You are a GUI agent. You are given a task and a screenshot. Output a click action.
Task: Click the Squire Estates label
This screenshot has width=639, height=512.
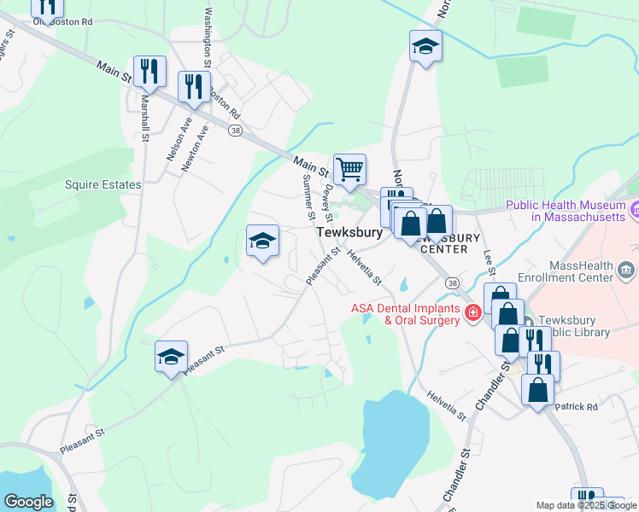[103, 183]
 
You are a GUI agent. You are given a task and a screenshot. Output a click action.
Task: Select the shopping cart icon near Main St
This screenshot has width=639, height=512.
[349, 170]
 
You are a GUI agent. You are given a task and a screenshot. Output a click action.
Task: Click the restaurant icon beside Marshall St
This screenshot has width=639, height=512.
[149, 72]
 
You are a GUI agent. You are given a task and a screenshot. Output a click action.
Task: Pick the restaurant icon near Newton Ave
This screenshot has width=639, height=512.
[193, 86]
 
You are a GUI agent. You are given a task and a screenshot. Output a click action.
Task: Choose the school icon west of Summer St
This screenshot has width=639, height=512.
[262, 240]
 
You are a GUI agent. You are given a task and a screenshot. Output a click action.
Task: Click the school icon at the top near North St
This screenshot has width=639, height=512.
[425, 46]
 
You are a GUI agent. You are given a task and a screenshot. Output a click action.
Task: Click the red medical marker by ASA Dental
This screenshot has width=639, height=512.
[472, 314]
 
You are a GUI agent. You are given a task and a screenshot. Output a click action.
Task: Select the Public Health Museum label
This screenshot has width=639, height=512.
[565, 211]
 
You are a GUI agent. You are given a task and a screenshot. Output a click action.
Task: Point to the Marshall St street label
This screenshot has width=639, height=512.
[144, 118]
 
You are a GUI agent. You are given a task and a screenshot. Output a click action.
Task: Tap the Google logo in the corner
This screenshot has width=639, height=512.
[28, 502]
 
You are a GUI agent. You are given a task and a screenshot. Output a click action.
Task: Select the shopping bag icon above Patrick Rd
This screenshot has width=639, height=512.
[538, 391]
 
